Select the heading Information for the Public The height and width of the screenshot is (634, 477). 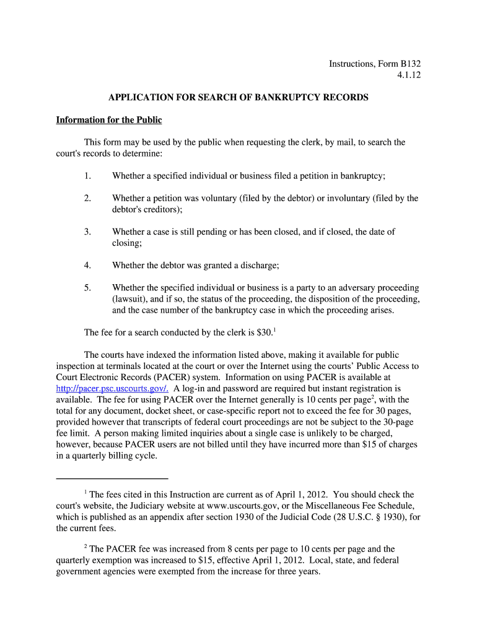[108, 119]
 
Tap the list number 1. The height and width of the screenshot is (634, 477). [87, 176]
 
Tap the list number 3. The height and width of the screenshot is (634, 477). [87, 232]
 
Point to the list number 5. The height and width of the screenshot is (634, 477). [87, 287]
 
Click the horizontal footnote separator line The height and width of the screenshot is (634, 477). [112, 479]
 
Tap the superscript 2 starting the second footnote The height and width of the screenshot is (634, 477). [85, 547]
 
